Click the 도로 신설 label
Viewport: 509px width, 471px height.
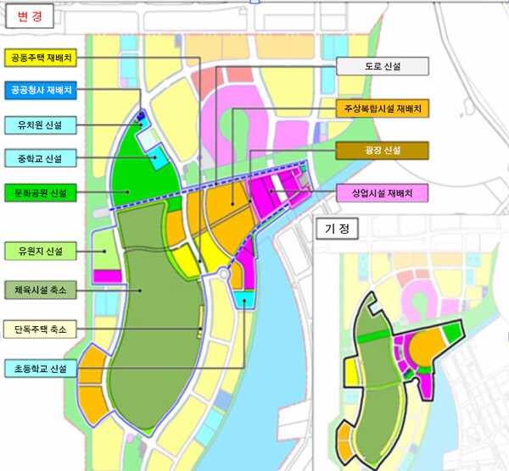pyautogui.click(x=383, y=66)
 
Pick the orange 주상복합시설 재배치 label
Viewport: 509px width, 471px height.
pyautogui.click(x=383, y=108)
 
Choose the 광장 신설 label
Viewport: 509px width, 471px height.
pyautogui.click(x=383, y=151)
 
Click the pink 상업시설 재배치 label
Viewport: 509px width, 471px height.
pyautogui.click(x=383, y=193)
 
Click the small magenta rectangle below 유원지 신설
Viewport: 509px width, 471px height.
pyautogui.click(x=106, y=276)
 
